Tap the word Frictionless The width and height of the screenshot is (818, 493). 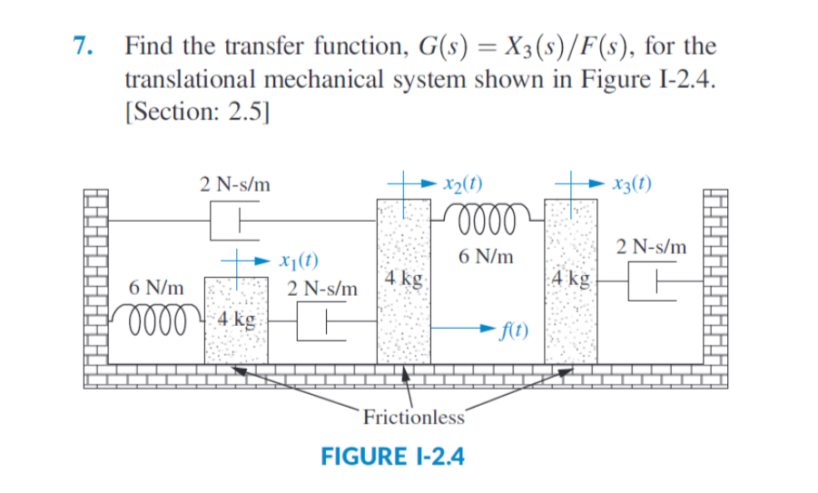click(x=413, y=418)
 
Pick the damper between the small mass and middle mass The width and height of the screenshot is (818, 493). click(x=320, y=320)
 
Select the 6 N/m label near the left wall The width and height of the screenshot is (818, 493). click(x=156, y=288)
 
